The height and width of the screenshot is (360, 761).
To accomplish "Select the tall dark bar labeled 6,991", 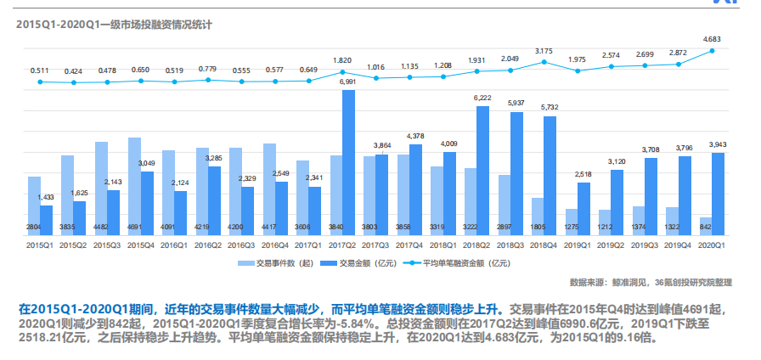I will tap(348, 161).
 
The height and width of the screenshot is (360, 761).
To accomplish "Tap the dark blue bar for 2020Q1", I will tap(718, 194).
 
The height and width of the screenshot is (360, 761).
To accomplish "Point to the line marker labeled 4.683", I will tap(712, 50).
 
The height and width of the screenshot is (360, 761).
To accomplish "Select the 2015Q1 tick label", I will tap(41, 245).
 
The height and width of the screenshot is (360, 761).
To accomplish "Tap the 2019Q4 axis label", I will tap(678, 245).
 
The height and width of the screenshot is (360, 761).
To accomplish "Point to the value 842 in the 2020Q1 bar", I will tap(706, 228).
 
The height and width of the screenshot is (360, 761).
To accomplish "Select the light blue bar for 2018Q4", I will tap(538, 216).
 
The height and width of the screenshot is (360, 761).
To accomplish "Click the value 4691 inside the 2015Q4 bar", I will tap(134, 228).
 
